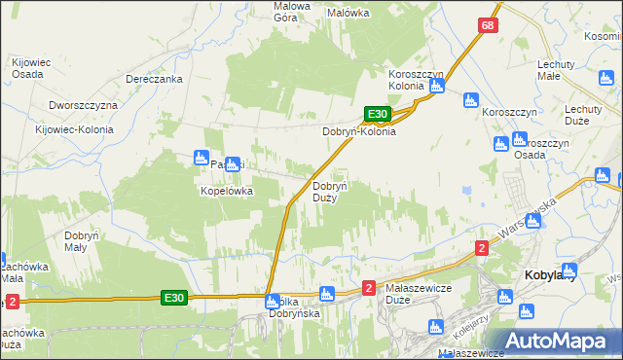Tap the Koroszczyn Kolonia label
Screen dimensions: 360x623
(x=417, y=80)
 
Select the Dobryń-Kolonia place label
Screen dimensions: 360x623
(x=359, y=131)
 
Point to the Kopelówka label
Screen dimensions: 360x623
(x=227, y=192)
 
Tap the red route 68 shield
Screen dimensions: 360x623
(x=489, y=25)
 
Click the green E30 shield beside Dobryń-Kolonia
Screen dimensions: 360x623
(x=378, y=114)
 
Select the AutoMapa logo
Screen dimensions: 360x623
(x=558, y=341)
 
